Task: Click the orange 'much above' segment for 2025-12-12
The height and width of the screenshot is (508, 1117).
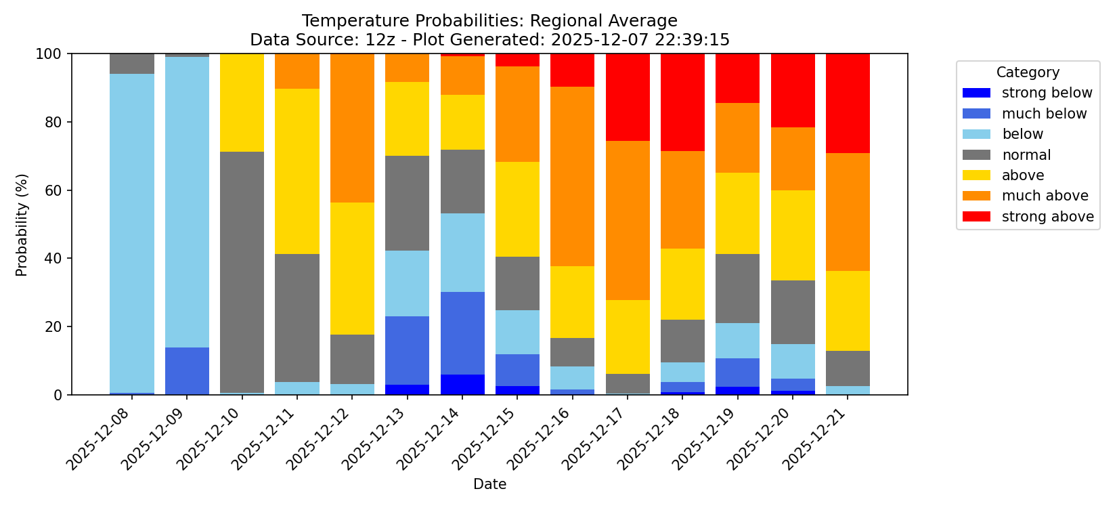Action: (352, 128)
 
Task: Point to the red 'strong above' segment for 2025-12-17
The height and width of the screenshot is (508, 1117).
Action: (628, 97)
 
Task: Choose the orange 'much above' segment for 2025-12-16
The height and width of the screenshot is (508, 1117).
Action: (573, 176)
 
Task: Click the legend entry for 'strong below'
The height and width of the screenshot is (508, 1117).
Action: (1047, 93)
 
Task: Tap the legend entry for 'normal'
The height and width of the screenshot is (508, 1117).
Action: (1026, 155)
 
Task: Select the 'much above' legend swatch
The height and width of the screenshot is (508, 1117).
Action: (976, 196)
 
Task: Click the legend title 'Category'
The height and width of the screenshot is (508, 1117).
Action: (1028, 72)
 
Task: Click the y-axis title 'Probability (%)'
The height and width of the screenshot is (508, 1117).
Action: (22, 224)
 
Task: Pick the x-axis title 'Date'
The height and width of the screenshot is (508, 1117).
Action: (489, 484)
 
